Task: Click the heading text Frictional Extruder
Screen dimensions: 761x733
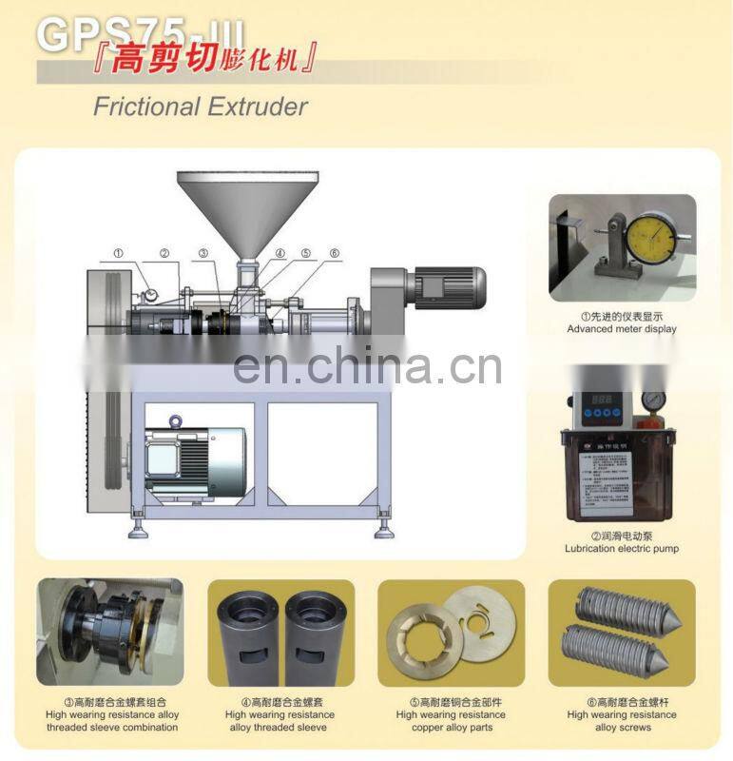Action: [x=200, y=106]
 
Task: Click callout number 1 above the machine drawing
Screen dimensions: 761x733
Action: [x=119, y=254]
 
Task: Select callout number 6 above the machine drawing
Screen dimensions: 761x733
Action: [x=335, y=253]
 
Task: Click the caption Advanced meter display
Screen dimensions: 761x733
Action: [x=622, y=329]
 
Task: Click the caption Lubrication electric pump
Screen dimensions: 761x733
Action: [x=622, y=549]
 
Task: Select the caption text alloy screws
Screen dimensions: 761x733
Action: [x=622, y=728]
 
